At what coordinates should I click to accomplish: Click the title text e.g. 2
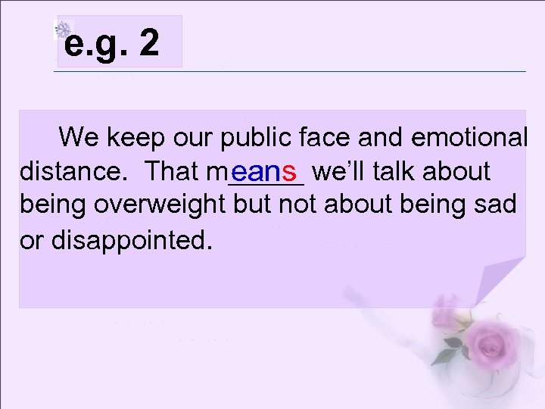click(x=112, y=44)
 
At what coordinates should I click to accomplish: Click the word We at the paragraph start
click(x=79, y=138)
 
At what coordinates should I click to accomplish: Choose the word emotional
click(x=469, y=138)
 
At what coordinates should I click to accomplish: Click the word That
click(x=173, y=172)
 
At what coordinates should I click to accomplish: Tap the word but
click(x=254, y=205)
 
